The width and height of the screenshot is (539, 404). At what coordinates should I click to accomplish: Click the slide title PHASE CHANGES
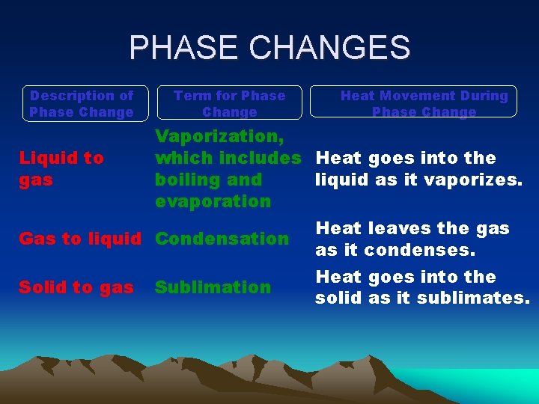coord(269,48)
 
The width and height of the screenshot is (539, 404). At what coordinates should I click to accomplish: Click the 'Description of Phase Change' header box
coord(82,103)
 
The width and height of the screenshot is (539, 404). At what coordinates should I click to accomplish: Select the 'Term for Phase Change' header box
coord(229,103)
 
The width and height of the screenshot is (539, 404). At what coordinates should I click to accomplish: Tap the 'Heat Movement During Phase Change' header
coord(424,103)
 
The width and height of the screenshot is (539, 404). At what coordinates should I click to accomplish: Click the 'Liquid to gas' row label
coord(61,168)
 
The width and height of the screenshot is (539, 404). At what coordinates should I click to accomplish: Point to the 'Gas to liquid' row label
coord(79,239)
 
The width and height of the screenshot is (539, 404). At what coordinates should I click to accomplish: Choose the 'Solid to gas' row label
coord(76,287)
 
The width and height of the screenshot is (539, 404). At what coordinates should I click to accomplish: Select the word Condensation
coord(222,239)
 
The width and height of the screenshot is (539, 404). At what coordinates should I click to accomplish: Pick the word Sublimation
coord(213,287)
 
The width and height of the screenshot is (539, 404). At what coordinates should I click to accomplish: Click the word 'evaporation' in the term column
coord(213,201)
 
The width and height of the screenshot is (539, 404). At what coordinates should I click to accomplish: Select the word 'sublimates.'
coord(480,298)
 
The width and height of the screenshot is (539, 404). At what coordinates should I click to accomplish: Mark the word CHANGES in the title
coord(332,48)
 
